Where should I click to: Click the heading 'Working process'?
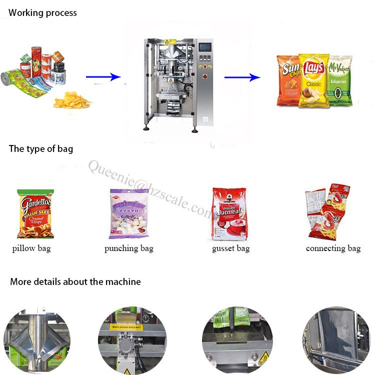pos(43,12)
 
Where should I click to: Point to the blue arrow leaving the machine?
pos(242,77)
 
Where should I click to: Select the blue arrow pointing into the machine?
pos(103,77)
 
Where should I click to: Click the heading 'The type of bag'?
pos(41,148)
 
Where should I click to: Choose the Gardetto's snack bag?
pos(35,214)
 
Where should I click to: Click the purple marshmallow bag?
pos(129,214)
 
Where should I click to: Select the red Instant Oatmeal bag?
pos(229,214)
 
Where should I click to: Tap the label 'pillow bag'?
pos(31,248)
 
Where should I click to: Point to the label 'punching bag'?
pos(129,248)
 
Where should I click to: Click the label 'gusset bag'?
pos(230,248)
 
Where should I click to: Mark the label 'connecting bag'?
pos(333,248)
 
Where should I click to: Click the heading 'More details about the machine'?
pos(75,281)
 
